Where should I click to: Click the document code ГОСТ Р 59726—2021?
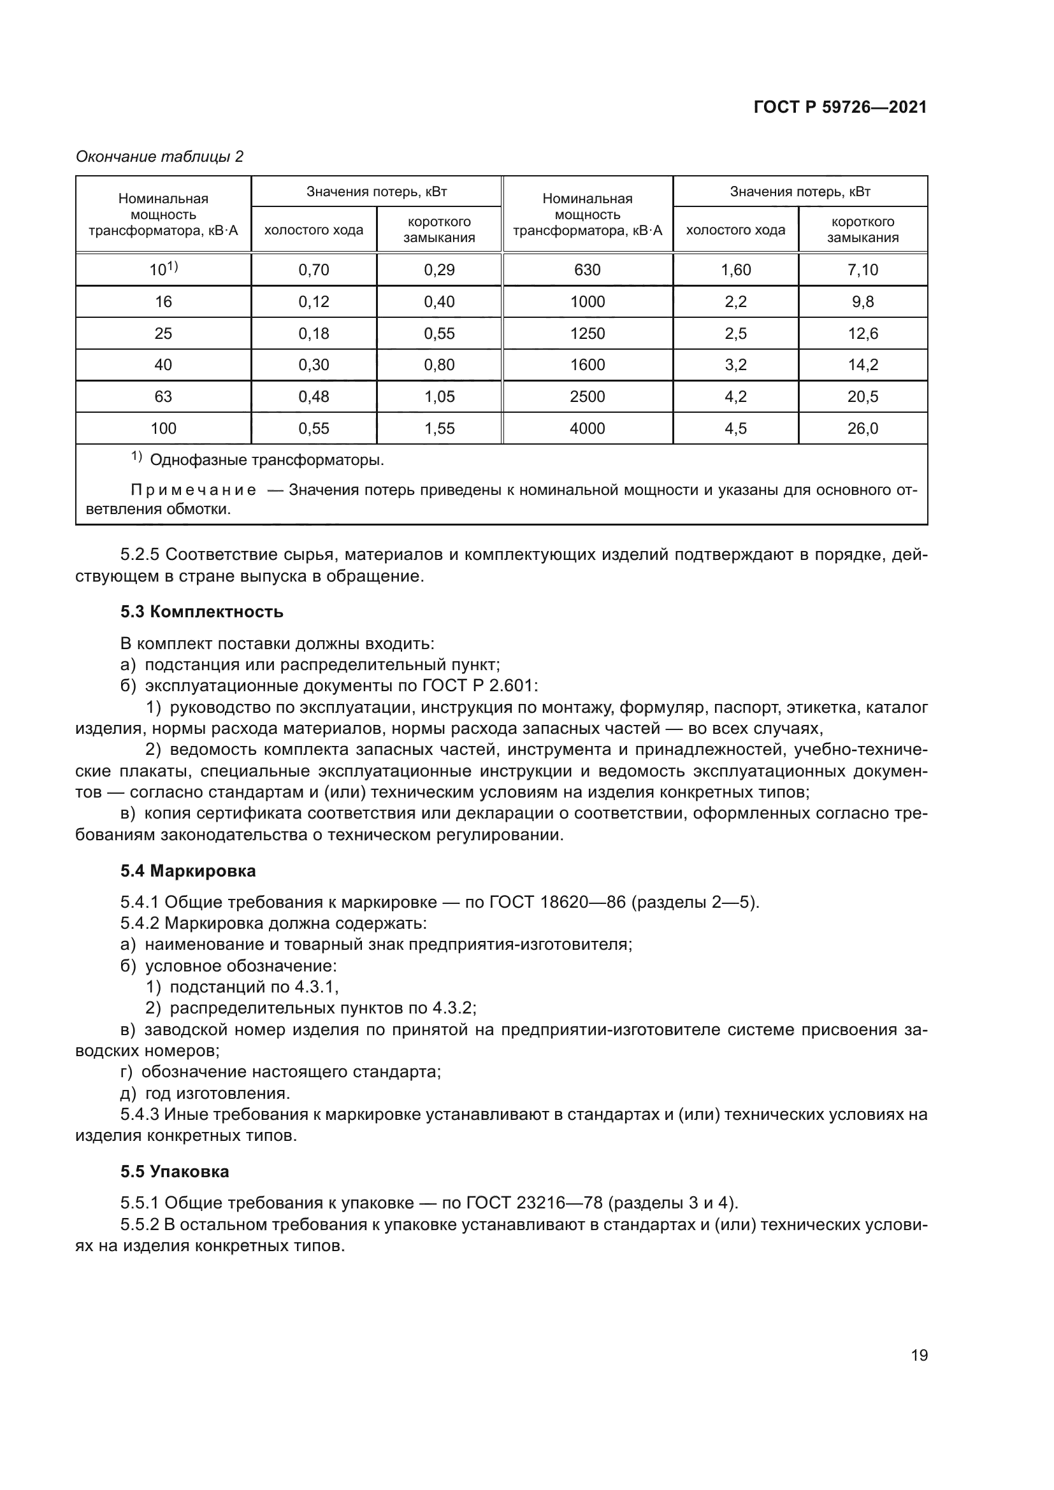click(x=840, y=107)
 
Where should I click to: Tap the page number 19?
click(x=919, y=1356)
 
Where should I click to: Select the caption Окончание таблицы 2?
click(x=160, y=157)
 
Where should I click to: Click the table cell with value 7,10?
click(x=863, y=270)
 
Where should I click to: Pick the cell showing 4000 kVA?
click(x=588, y=428)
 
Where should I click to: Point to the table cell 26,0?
click(x=863, y=428)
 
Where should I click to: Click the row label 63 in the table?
click(x=163, y=396)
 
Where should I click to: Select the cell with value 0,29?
click(x=440, y=270)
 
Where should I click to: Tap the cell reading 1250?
click(x=588, y=334)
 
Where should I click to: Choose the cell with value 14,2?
click(x=863, y=365)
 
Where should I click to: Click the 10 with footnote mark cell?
click(x=163, y=270)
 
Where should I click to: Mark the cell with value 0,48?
click(x=314, y=396)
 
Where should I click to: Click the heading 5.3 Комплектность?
click(x=202, y=612)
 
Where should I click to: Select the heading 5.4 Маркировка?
click(x=188, y=871)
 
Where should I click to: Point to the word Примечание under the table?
click(x=194, y=490)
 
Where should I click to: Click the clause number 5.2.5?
click(x=140, y=555)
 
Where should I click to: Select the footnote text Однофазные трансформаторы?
click(x=267, y=461)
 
